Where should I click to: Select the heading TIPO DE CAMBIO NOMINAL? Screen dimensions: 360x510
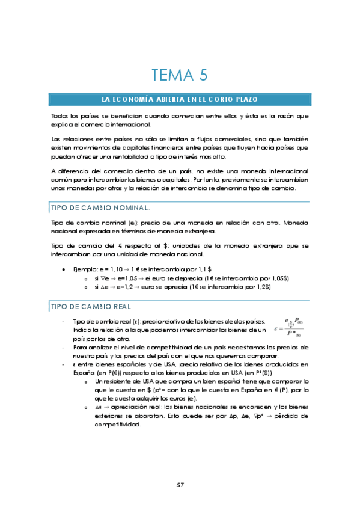(101, 207)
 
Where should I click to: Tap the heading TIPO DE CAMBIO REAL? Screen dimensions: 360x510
(92, 306)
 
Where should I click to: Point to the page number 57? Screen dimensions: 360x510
(180, 485)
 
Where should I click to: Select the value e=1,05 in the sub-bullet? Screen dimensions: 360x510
(124, 278)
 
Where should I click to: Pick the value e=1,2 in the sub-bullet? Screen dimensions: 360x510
(123, 287)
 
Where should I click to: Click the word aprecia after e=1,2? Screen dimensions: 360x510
(170, 287)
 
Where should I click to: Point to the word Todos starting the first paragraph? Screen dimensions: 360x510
(61, 115)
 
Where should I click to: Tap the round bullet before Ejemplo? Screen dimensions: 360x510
(64, 270)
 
